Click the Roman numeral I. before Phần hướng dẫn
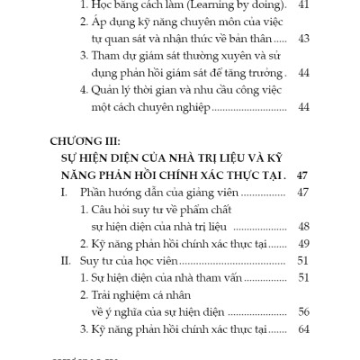(x=65, y=193)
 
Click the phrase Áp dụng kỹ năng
(x=149, y=22)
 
